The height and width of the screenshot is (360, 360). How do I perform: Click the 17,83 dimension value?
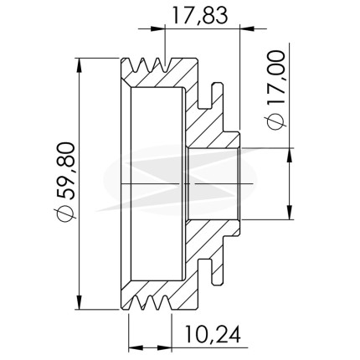pos(200,15)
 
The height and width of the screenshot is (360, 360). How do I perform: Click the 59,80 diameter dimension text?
pos(65,171)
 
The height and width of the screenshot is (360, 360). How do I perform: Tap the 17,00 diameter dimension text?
pos(276,78)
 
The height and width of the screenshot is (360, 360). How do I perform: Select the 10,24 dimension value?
pos(213,335)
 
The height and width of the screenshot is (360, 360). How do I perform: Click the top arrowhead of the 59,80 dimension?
pos(80,66)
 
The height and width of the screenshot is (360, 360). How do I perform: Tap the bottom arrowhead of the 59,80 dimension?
pos(80,301)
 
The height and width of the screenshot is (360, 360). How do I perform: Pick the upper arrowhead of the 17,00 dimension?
pos(291,155)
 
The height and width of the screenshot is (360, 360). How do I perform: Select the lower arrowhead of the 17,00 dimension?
pos(291,212)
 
